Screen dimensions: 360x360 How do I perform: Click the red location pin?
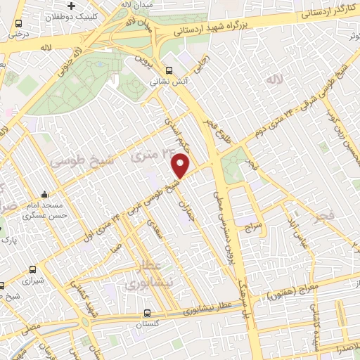tap(181, 165)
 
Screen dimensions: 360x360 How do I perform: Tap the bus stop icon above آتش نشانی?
tap(169, 70)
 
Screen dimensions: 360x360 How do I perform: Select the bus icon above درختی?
tap(18, 23)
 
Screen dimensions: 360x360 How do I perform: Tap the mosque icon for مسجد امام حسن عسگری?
tap(45, 195)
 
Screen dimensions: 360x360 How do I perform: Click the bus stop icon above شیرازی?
tap(32, 269)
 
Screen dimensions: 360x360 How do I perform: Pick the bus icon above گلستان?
tap(146, 313)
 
